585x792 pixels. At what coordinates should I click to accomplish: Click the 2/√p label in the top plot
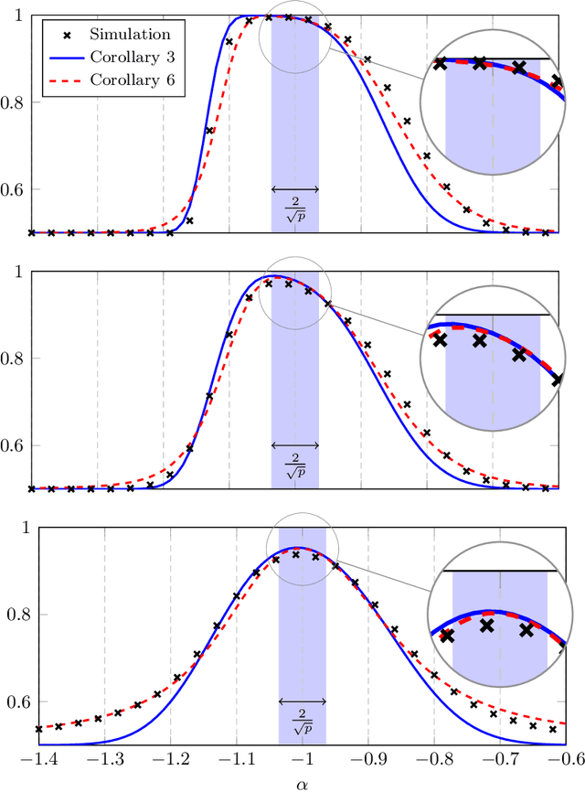pos(295,205)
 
